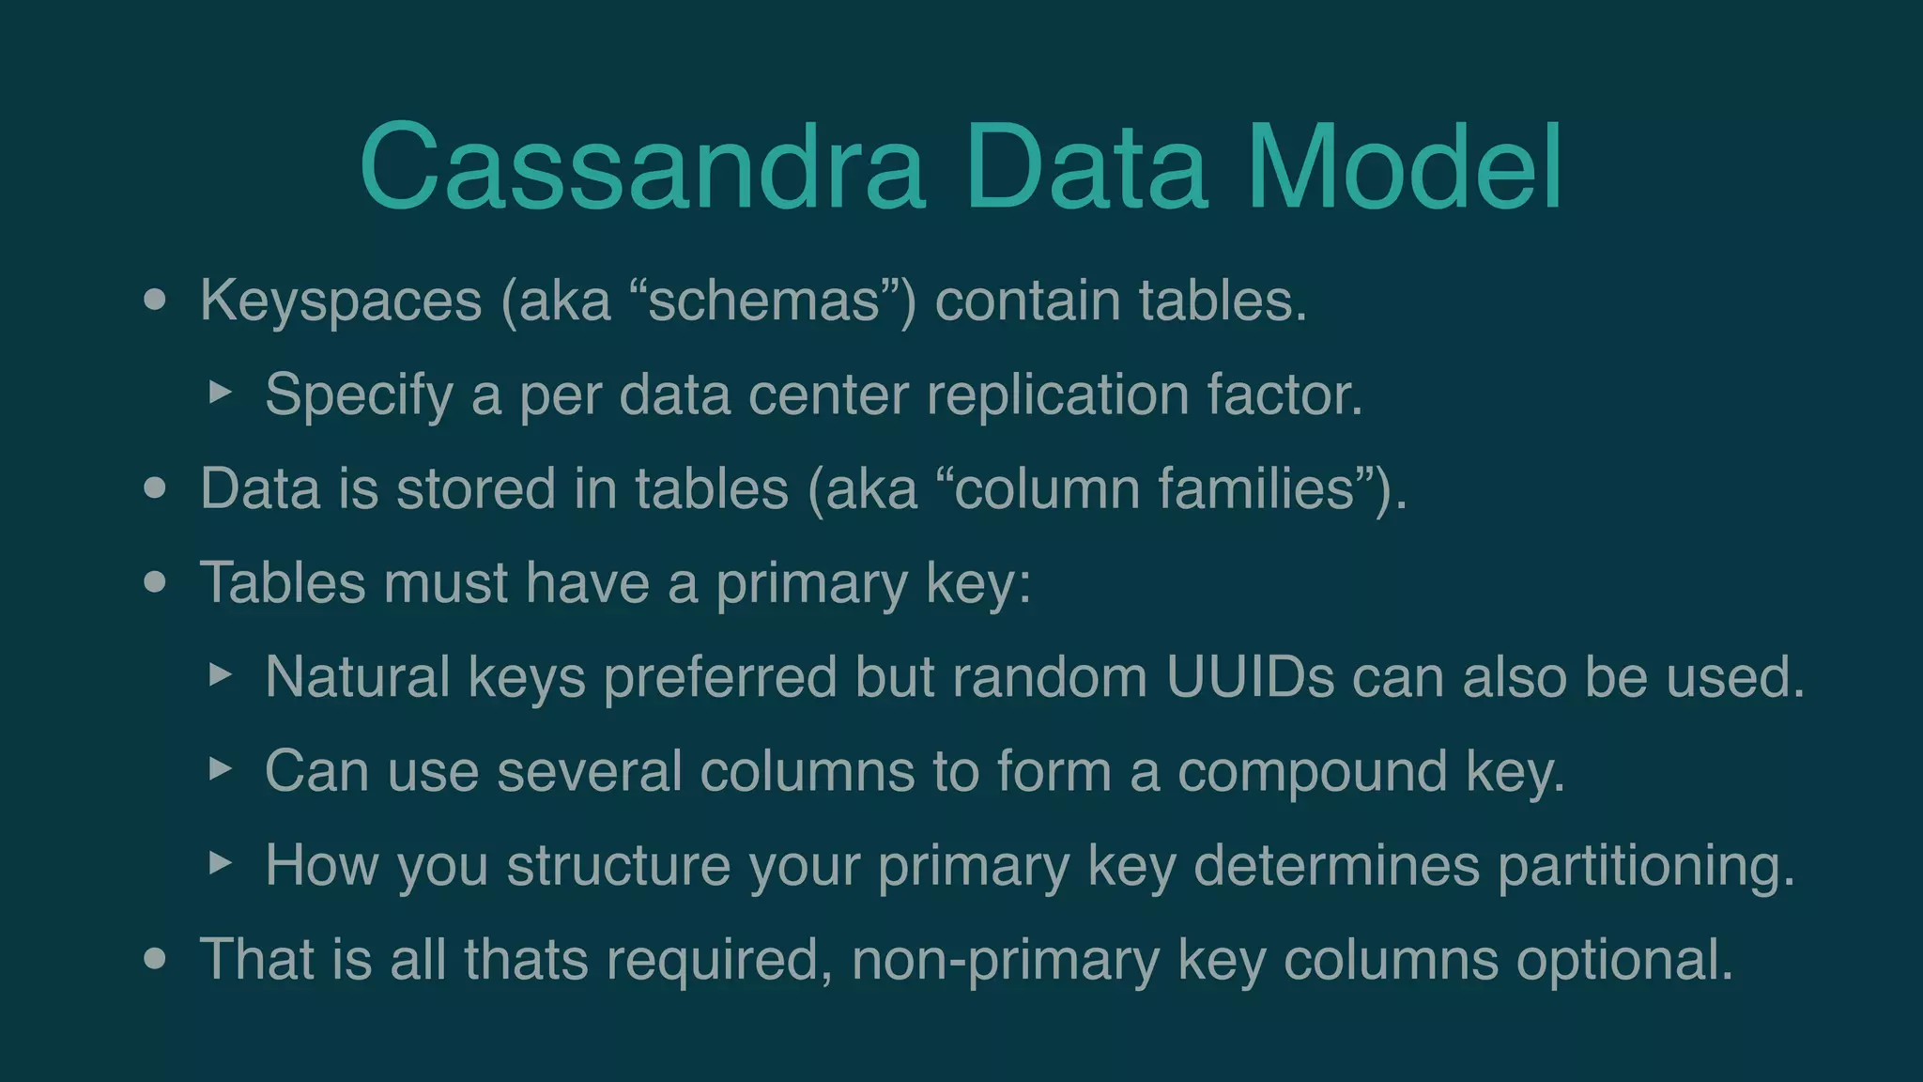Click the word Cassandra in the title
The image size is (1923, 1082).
642,167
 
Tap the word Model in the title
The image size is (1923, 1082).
1404,167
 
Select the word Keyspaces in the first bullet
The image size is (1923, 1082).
340,302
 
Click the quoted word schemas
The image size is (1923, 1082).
763,301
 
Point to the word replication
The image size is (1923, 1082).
1057,394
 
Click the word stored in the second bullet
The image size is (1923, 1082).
475,488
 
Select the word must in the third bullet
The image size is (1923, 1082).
445,582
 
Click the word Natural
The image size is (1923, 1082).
357,676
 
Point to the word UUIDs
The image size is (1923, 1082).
1249,676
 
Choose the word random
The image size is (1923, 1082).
1050,676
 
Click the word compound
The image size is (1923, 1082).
1312,772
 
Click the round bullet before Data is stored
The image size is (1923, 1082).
155,488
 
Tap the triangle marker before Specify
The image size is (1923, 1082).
220,392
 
